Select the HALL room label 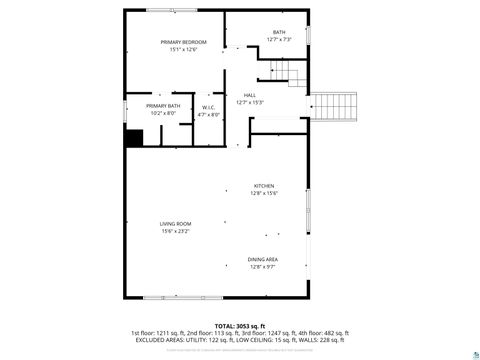(x=249, y=95)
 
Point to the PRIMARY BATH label (x=163, y=106)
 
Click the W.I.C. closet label (x=209, y=107)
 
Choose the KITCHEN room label (x=263, y=186)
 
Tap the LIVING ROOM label (x=175, y=223)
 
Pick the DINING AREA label (x=263, y=259)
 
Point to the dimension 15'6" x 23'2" (x=175, y=231)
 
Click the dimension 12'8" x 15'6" (x=263, y=194)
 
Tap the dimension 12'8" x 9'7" (x=263, y=267)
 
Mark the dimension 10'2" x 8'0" (x=163, y=114)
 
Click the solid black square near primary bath (x=133, y=138)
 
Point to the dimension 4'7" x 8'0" (x=209, y=115)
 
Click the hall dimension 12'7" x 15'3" (x=249, y=103)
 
